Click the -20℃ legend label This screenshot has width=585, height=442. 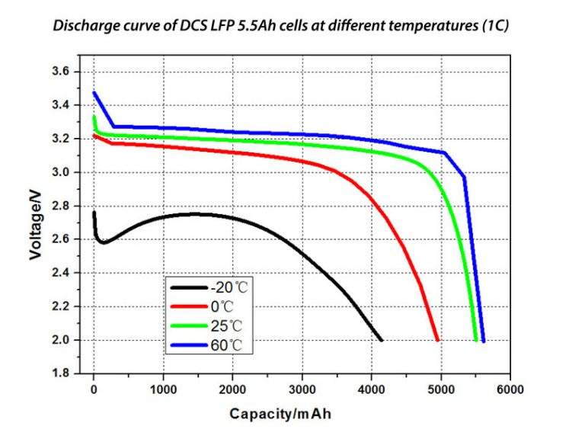[x=231, y=288]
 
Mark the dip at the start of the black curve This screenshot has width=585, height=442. [x=104, y=242]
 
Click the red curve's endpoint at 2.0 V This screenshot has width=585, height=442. [x=437, y=340]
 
